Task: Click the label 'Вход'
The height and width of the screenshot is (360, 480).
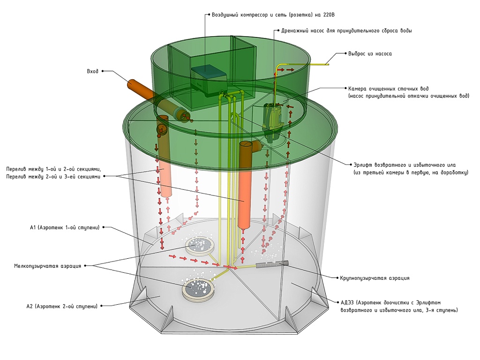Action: point(92,71)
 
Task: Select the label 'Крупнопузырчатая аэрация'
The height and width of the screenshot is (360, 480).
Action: point(375,278)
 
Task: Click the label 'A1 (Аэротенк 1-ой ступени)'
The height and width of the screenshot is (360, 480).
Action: point(64,228)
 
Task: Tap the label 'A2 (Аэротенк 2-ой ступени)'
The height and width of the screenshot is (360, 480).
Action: point(62,306)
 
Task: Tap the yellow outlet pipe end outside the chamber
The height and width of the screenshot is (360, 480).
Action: point(323,64)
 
